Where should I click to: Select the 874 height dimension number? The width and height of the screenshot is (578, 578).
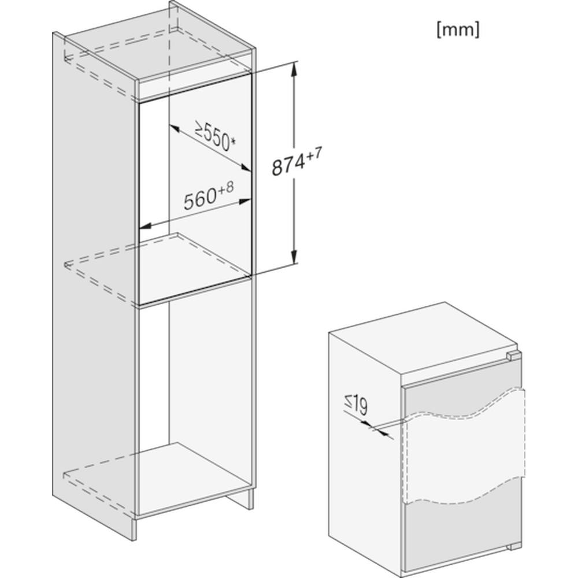click(288, 166)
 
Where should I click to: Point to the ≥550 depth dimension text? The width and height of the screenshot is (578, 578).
click(213, 136)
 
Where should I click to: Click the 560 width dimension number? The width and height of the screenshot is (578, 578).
click(199, 201)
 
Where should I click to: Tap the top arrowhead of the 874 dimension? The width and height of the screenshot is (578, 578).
click(295, 68)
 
